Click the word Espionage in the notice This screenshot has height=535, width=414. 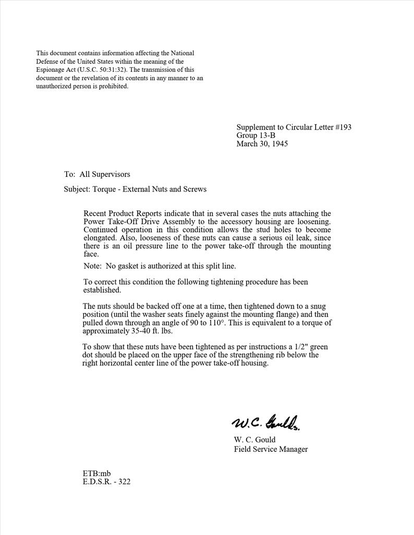[51, 70]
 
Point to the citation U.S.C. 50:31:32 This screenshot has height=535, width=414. [102, 70]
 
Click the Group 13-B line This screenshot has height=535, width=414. [255, 135]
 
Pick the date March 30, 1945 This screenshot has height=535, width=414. [262, 144]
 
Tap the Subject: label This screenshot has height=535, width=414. [77, 189]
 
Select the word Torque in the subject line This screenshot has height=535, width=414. [104, 189]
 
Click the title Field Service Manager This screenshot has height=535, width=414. [270, 449]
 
